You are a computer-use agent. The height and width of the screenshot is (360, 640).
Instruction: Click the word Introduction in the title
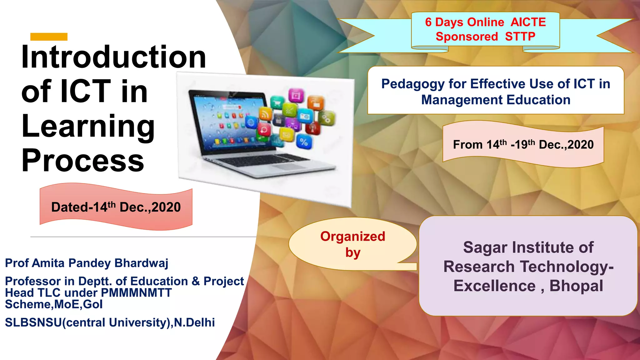(x=113, y=57)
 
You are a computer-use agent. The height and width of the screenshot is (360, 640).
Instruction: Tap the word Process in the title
(x=83, y=161)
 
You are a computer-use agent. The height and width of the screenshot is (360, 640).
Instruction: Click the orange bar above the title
(x=49, y=37)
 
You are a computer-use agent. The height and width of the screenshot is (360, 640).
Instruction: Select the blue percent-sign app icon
(x=303, y=142)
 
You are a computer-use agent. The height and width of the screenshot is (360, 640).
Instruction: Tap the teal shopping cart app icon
(x=277, y=102)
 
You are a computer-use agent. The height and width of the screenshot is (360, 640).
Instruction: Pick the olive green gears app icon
(x=326, y=118)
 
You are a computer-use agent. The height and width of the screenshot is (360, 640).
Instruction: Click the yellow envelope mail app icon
(x=287, y=135)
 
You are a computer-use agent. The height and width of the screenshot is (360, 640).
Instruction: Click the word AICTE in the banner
(x=528, y=22)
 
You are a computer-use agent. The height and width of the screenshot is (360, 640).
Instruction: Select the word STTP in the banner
(x=520, y=37)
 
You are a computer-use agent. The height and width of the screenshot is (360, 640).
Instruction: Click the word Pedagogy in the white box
(x=412, y=84)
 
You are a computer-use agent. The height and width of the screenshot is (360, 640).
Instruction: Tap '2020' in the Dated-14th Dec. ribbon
(x=166, y=207)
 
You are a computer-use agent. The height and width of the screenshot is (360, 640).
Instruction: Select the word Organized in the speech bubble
(x=352, y=237)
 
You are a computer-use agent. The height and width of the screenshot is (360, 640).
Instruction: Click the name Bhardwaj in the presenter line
(x=141, y=263)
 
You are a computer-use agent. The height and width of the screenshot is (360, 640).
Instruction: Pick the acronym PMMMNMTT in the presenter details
(x=137, y=293)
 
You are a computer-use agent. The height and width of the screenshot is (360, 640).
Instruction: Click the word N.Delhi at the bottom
(x=194, y=322)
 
